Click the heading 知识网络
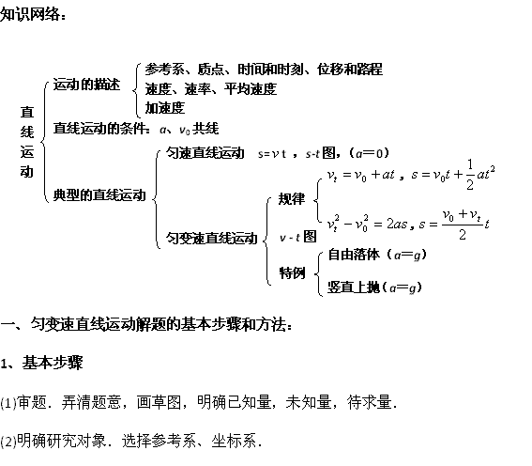pos(31,14)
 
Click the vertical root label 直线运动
pos(27,142)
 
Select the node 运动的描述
pos(86,85)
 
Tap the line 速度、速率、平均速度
pos(211,89)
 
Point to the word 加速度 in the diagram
pos(165,108)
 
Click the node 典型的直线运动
pos(99,195)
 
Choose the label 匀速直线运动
pos(205,153)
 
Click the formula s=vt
pos(272,154)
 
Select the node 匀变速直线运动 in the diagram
pos(212,239)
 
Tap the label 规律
pos(292,198)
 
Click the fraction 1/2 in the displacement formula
pos(470,175)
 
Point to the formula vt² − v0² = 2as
pos(367,224)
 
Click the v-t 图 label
pos(297,237)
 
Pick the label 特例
pos(292,272)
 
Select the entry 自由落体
pos(354,255)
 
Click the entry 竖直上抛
pos(354,287)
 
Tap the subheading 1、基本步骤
pos(41,363)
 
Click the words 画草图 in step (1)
pos(159,402)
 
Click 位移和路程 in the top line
pos(350,70)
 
